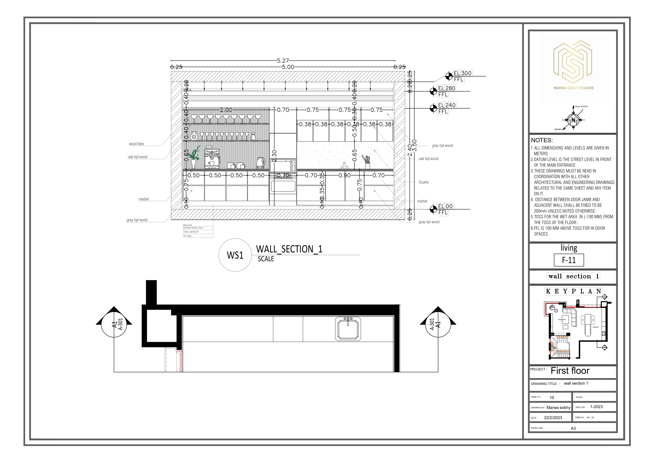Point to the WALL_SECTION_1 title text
point(289,249)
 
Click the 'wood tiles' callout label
point(136,144)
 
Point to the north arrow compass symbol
point(573,120)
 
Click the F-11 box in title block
point(569,260)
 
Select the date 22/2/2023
point(553,417)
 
